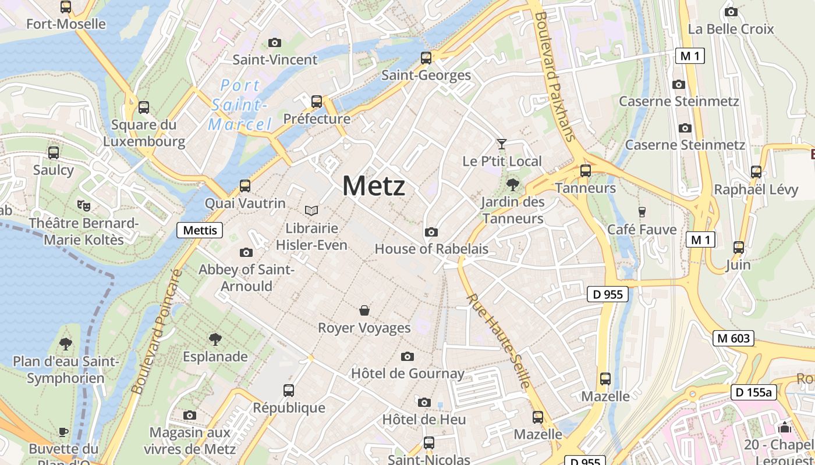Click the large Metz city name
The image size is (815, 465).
pos(374,187)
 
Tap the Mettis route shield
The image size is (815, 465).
pos(200,230)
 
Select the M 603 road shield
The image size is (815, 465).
pos(733,338)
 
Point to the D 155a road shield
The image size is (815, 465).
pos(754,392)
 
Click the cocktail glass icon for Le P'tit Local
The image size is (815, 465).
pos(501,144)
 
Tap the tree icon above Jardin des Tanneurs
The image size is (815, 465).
pos(512,185)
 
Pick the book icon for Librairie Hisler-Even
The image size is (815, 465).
pos(311,210)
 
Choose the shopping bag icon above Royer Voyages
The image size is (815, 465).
pos(364,310)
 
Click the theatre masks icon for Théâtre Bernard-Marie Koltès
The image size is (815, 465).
pos(84,205)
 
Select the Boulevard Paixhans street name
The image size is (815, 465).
pos(554,76)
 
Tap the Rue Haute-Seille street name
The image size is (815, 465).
pos(499,341)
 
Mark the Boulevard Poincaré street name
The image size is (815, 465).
pos(157,331)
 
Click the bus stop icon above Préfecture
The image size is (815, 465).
pos(317,102)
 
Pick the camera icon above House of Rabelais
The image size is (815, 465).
pos(431,232)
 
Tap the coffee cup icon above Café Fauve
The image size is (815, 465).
pos(642,212)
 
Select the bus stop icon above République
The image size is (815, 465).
pos(289,391)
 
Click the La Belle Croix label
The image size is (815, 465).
pos(731,29)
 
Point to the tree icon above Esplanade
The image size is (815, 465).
pos(215,339)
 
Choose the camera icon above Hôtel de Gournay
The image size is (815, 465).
pos(408,356)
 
